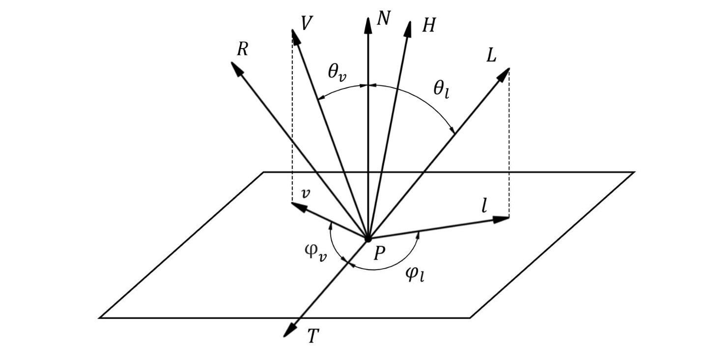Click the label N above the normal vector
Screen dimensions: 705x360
coord(384,18)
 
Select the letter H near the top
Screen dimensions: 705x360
coord(429,25)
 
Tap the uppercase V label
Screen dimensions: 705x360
coord(307,23)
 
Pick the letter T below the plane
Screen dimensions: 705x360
coord(313,336)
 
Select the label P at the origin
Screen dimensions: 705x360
coord(379,253)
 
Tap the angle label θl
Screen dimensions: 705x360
coord(441,90)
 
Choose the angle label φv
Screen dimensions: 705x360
coord(316,253)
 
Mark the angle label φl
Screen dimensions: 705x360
coord(415,275)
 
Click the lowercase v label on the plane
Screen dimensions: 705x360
coord(306,194)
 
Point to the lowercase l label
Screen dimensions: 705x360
coord(484,206)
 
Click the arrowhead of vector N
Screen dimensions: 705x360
coord(368,25)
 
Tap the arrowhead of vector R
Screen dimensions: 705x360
coord(237,68)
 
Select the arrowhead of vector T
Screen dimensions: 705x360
coord(290,331)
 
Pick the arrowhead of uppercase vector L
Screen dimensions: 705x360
coord(503,75)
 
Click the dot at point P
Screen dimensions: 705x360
coord(367,239)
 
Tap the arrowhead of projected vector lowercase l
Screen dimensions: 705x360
coord(501,220)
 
